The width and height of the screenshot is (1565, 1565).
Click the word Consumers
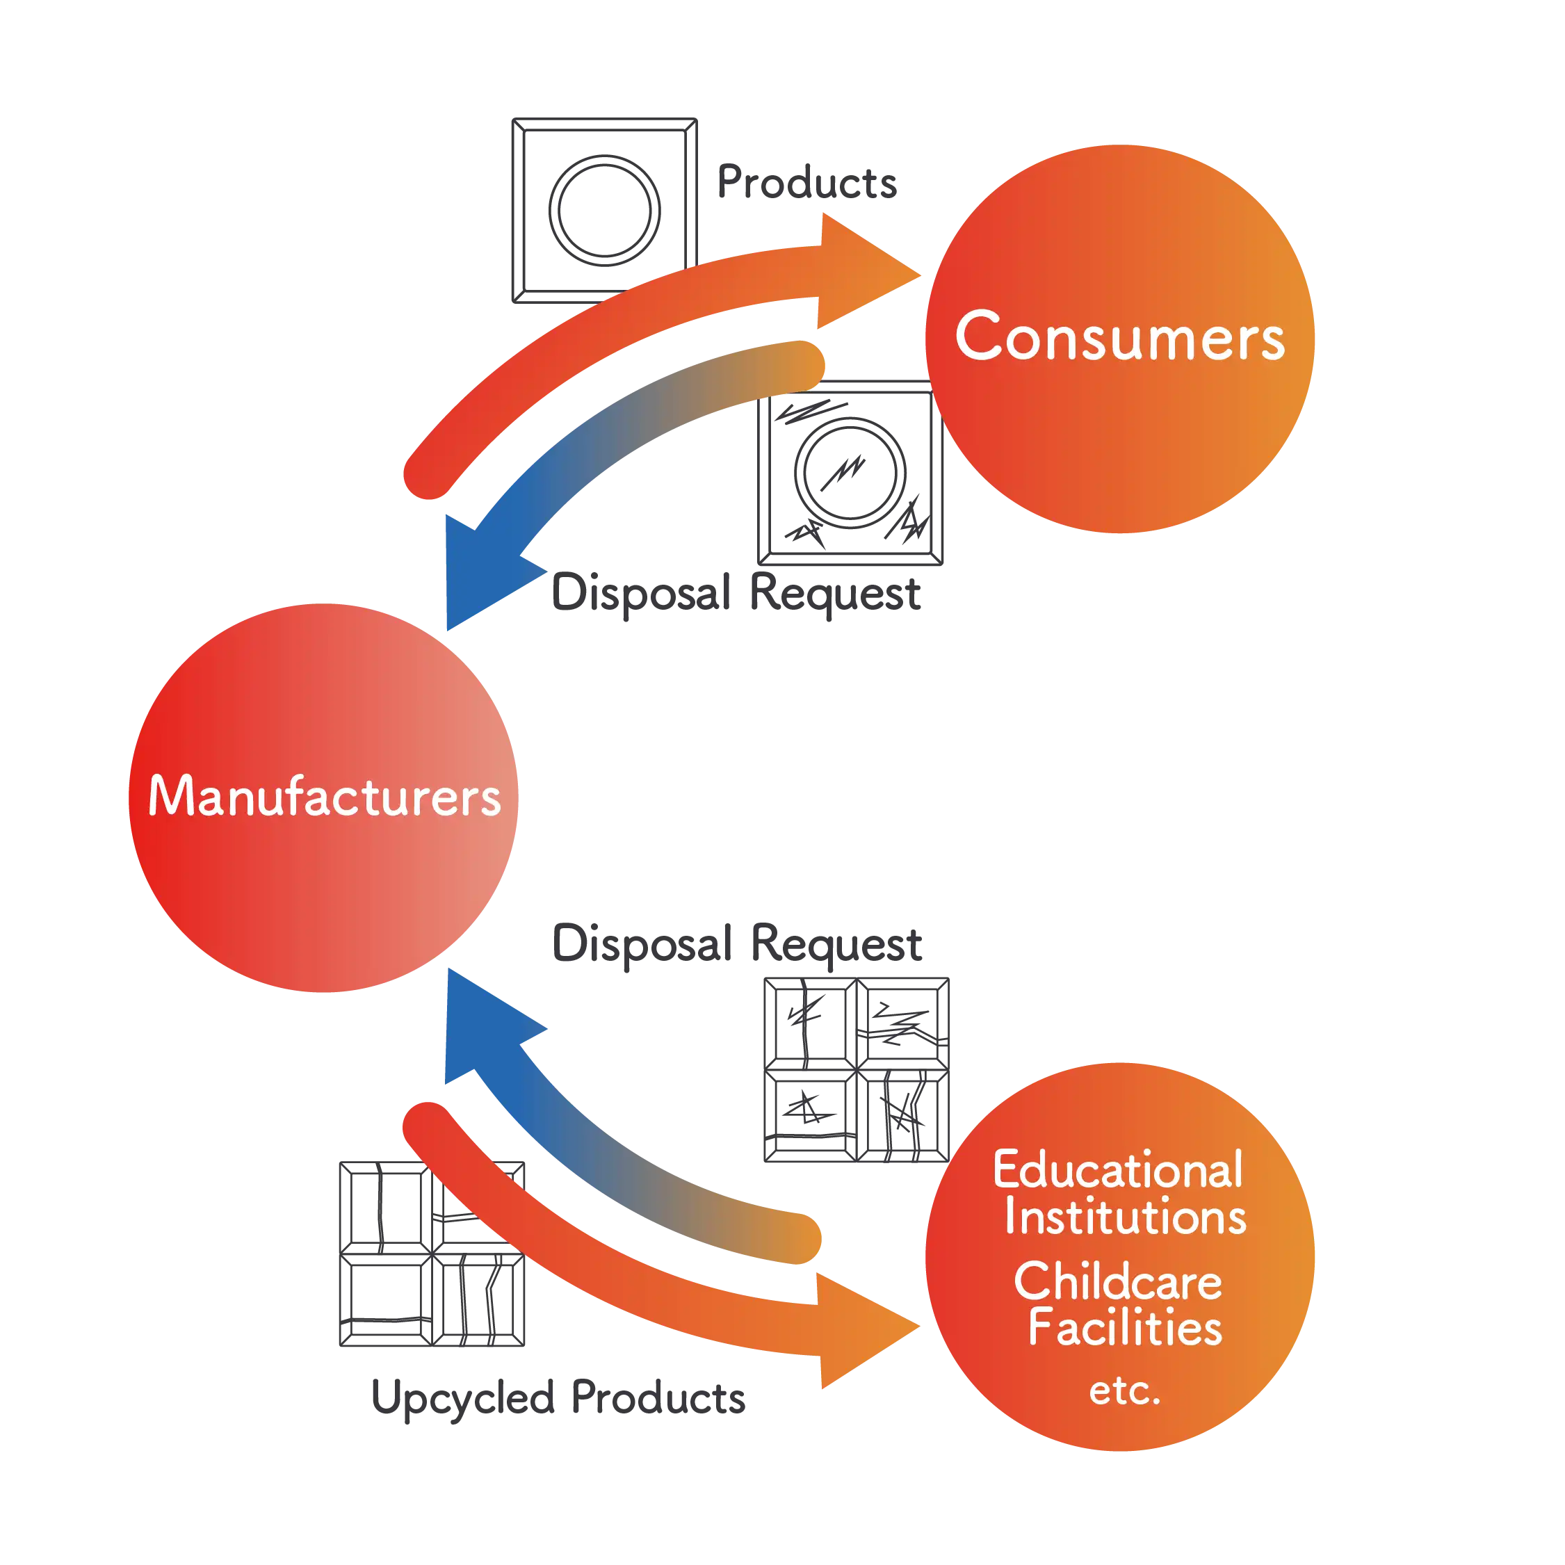click(1120, 336)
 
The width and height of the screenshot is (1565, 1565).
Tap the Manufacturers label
click(324, 795)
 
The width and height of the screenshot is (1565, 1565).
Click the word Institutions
click(1125, 1217)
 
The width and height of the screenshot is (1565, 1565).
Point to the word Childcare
click(1118, 1281)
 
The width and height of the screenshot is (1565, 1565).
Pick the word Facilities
click(1125, 1329)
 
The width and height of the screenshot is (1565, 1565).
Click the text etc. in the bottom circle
click(1124, 1391)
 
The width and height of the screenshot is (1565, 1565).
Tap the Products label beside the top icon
click(808, 181)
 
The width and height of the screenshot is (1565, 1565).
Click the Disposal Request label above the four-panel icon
click(736, 942)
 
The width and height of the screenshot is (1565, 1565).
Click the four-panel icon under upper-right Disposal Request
click(857, 1070)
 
